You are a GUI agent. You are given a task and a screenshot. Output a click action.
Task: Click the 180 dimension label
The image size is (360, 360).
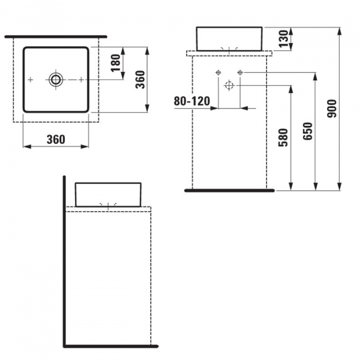116,61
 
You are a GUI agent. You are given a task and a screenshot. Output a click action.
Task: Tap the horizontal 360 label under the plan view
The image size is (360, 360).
55,139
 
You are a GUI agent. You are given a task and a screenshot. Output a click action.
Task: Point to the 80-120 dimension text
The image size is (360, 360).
192,101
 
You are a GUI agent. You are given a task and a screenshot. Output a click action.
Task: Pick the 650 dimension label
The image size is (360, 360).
308,131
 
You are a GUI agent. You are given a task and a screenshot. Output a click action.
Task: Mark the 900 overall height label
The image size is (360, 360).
332,107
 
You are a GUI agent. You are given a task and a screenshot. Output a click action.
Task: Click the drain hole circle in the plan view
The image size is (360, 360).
56,79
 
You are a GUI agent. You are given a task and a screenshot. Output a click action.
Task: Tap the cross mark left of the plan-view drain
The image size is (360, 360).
31,79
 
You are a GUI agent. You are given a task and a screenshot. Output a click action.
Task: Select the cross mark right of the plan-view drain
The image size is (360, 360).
80,79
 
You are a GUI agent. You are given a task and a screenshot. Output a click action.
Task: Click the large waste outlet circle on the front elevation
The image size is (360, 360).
229,85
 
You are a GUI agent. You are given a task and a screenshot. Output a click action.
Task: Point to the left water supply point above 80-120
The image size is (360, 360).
218,73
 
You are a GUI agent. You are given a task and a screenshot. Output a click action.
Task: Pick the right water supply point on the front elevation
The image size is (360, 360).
240,73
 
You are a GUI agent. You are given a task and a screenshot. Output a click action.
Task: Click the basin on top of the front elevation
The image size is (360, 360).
229,38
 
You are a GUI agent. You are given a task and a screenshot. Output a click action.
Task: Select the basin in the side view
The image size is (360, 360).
108,194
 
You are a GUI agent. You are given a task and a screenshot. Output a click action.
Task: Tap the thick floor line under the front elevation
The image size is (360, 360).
229,190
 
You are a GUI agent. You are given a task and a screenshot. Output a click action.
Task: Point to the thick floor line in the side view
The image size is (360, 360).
111,346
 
